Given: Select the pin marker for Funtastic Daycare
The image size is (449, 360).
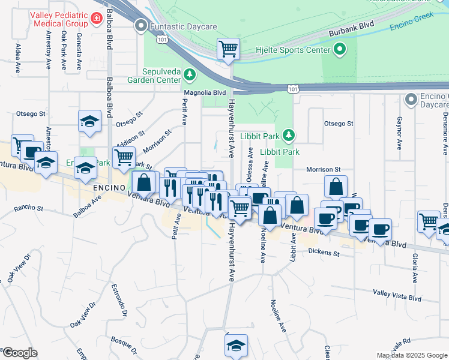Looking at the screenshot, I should pos(141,25).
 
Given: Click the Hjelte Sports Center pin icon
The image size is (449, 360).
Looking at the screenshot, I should pos(340,50).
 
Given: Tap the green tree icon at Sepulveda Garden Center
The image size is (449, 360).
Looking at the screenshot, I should pos(190,74).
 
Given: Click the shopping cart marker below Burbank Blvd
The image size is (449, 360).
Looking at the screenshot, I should pos(228,49).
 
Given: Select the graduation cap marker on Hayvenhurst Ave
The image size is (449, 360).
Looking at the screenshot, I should pos(236,346).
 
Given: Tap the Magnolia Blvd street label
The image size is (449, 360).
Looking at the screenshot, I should pos(205,93).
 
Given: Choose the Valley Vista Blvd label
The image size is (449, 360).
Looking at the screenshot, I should pos(397,296).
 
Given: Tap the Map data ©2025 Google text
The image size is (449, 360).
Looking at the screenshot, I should pos(411,355).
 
